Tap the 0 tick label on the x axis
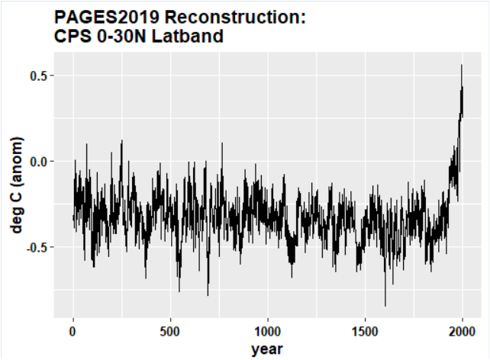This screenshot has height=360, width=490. pyautogui.click(x=73, y=333)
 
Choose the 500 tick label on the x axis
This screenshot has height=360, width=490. pyautogui.click(x=170, y=333)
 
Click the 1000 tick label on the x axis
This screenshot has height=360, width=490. pyautogui.click(x=268, y=333)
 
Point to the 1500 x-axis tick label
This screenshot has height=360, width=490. pyautogui.click(x=365, y=333)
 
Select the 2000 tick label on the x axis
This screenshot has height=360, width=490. pyautogui.click(x=463, y=333)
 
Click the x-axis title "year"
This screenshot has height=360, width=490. pyautogui.click(x=267, y=349)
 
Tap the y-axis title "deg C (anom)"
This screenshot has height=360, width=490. pyautogui.click(x=16, y=184)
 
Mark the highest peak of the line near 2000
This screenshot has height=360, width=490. pyautogui.click(x=461, y=66)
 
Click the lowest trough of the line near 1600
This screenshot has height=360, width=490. pyautogui.click(x=385, y=305)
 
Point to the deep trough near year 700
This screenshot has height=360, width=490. pyautogui.click(x=208, y=294)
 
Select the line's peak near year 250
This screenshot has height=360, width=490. pyautogui.click(x=121, y=140)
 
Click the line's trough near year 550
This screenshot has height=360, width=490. pyautogui.click(x=179, y=291)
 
